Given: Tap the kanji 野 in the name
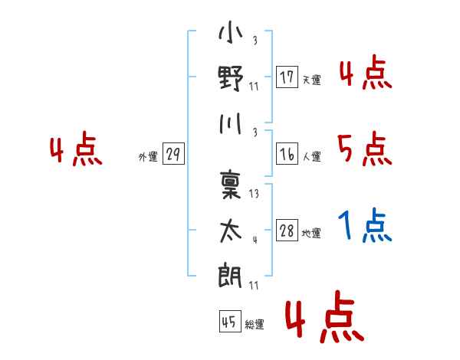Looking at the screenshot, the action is (231, 78).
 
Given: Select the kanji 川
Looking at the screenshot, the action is (231, 124).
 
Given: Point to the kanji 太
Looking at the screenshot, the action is (231, 231).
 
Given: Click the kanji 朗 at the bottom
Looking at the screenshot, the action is (230, 275).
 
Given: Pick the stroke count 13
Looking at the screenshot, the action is (254, 194).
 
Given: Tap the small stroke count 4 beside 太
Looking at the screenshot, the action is (255, 240).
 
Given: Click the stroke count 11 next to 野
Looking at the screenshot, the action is (254, 87).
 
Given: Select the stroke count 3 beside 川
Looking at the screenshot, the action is (255, 133).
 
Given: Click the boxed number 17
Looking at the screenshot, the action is (287, 77).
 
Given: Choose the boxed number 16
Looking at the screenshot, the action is (287, 154).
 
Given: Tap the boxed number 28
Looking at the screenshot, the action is (287, 230).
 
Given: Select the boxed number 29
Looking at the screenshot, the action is (173, 154).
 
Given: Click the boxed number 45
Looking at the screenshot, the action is (230, 321).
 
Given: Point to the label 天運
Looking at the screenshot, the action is (312, 80).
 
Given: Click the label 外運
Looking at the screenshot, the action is (148, 156).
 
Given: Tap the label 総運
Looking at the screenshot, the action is (255, 324).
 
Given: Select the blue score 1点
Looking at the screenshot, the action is (365, 225).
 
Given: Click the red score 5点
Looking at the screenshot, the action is (365, 149).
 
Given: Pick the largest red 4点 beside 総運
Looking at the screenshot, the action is (325, 317).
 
